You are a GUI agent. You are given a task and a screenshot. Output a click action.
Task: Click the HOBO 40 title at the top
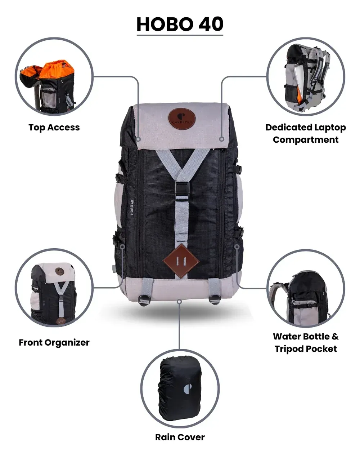coord(180,24)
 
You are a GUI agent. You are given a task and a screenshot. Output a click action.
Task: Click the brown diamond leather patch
coord(181,261)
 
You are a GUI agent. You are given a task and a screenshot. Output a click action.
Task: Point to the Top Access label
coord(54,128)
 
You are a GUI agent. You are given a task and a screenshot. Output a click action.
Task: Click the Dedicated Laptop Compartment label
coord(306,133)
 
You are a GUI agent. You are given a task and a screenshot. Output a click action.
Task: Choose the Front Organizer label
coord(54,343)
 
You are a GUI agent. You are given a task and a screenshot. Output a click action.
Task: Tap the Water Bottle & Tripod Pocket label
coord(306,343)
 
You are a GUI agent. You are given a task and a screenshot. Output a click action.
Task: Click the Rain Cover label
coord(180,437)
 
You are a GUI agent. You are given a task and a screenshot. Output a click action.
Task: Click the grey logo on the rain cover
coord(188,388)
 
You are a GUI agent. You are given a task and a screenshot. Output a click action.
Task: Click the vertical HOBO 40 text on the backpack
coord(132,207)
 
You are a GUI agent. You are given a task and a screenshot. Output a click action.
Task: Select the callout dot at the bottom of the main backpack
coord(180,302)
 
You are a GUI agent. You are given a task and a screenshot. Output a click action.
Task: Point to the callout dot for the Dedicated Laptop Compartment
coord(221,139)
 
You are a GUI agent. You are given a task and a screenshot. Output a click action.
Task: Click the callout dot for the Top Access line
coord(139,139)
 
